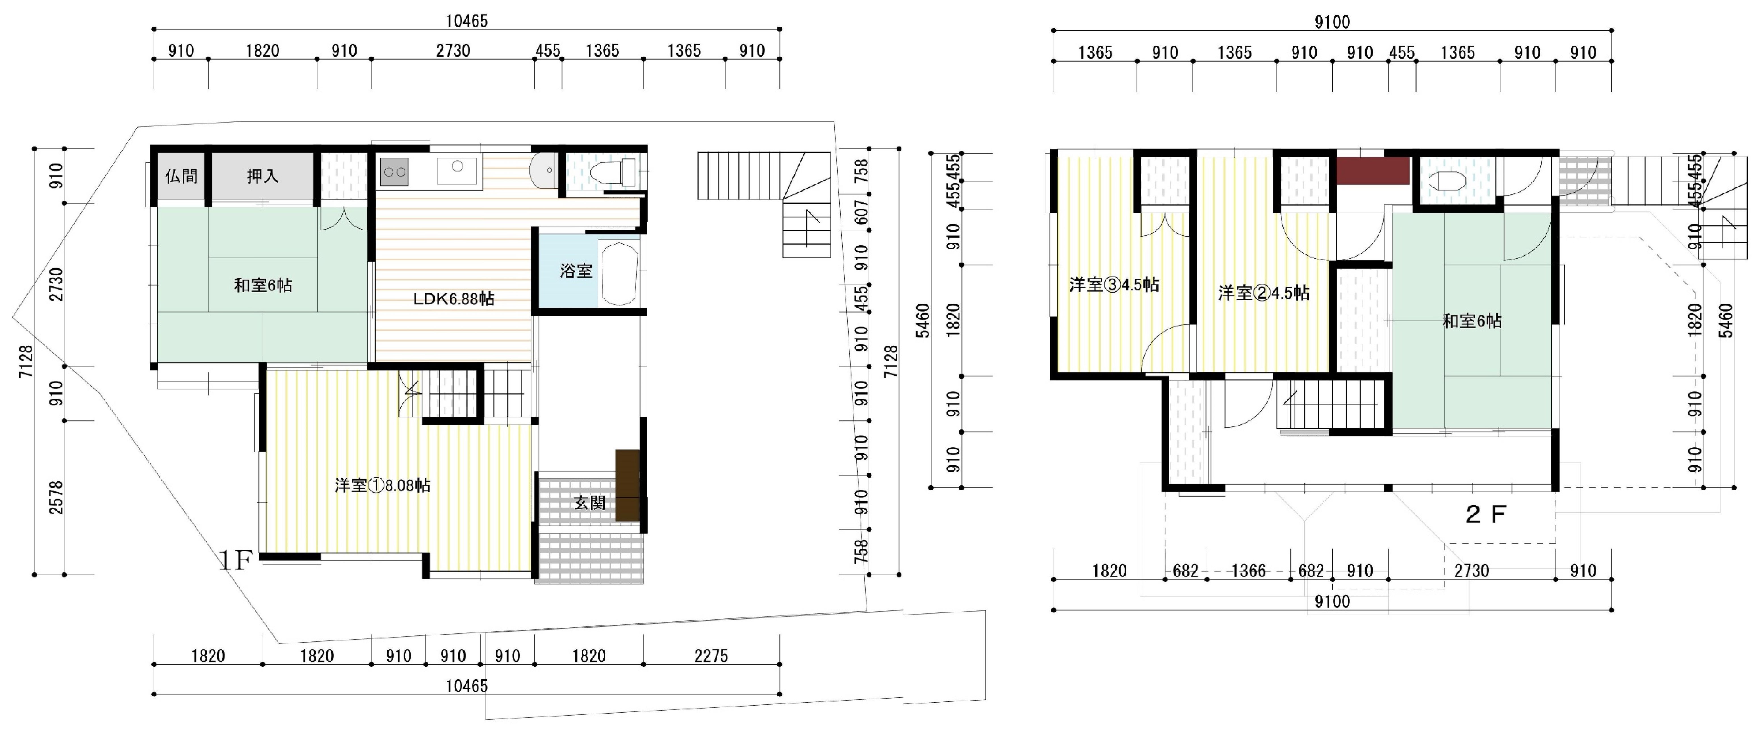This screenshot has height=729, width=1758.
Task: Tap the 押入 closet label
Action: pos(263,176)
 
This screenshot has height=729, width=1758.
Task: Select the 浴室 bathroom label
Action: pos(576,271)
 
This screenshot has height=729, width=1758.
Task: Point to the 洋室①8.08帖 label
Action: pos(383,485)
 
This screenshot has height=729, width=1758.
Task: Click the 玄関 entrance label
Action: pos(590,503)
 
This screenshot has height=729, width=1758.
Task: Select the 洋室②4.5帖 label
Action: pos(1264,293)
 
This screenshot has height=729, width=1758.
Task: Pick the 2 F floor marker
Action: pos(1486,514)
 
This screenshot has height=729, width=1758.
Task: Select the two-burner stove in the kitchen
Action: pos(394,172)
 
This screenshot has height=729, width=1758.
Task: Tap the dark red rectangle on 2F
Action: pos(1372,171)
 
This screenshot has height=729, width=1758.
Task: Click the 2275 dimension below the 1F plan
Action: pos(711,656)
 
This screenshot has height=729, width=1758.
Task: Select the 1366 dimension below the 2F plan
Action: pos(1248,571)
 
